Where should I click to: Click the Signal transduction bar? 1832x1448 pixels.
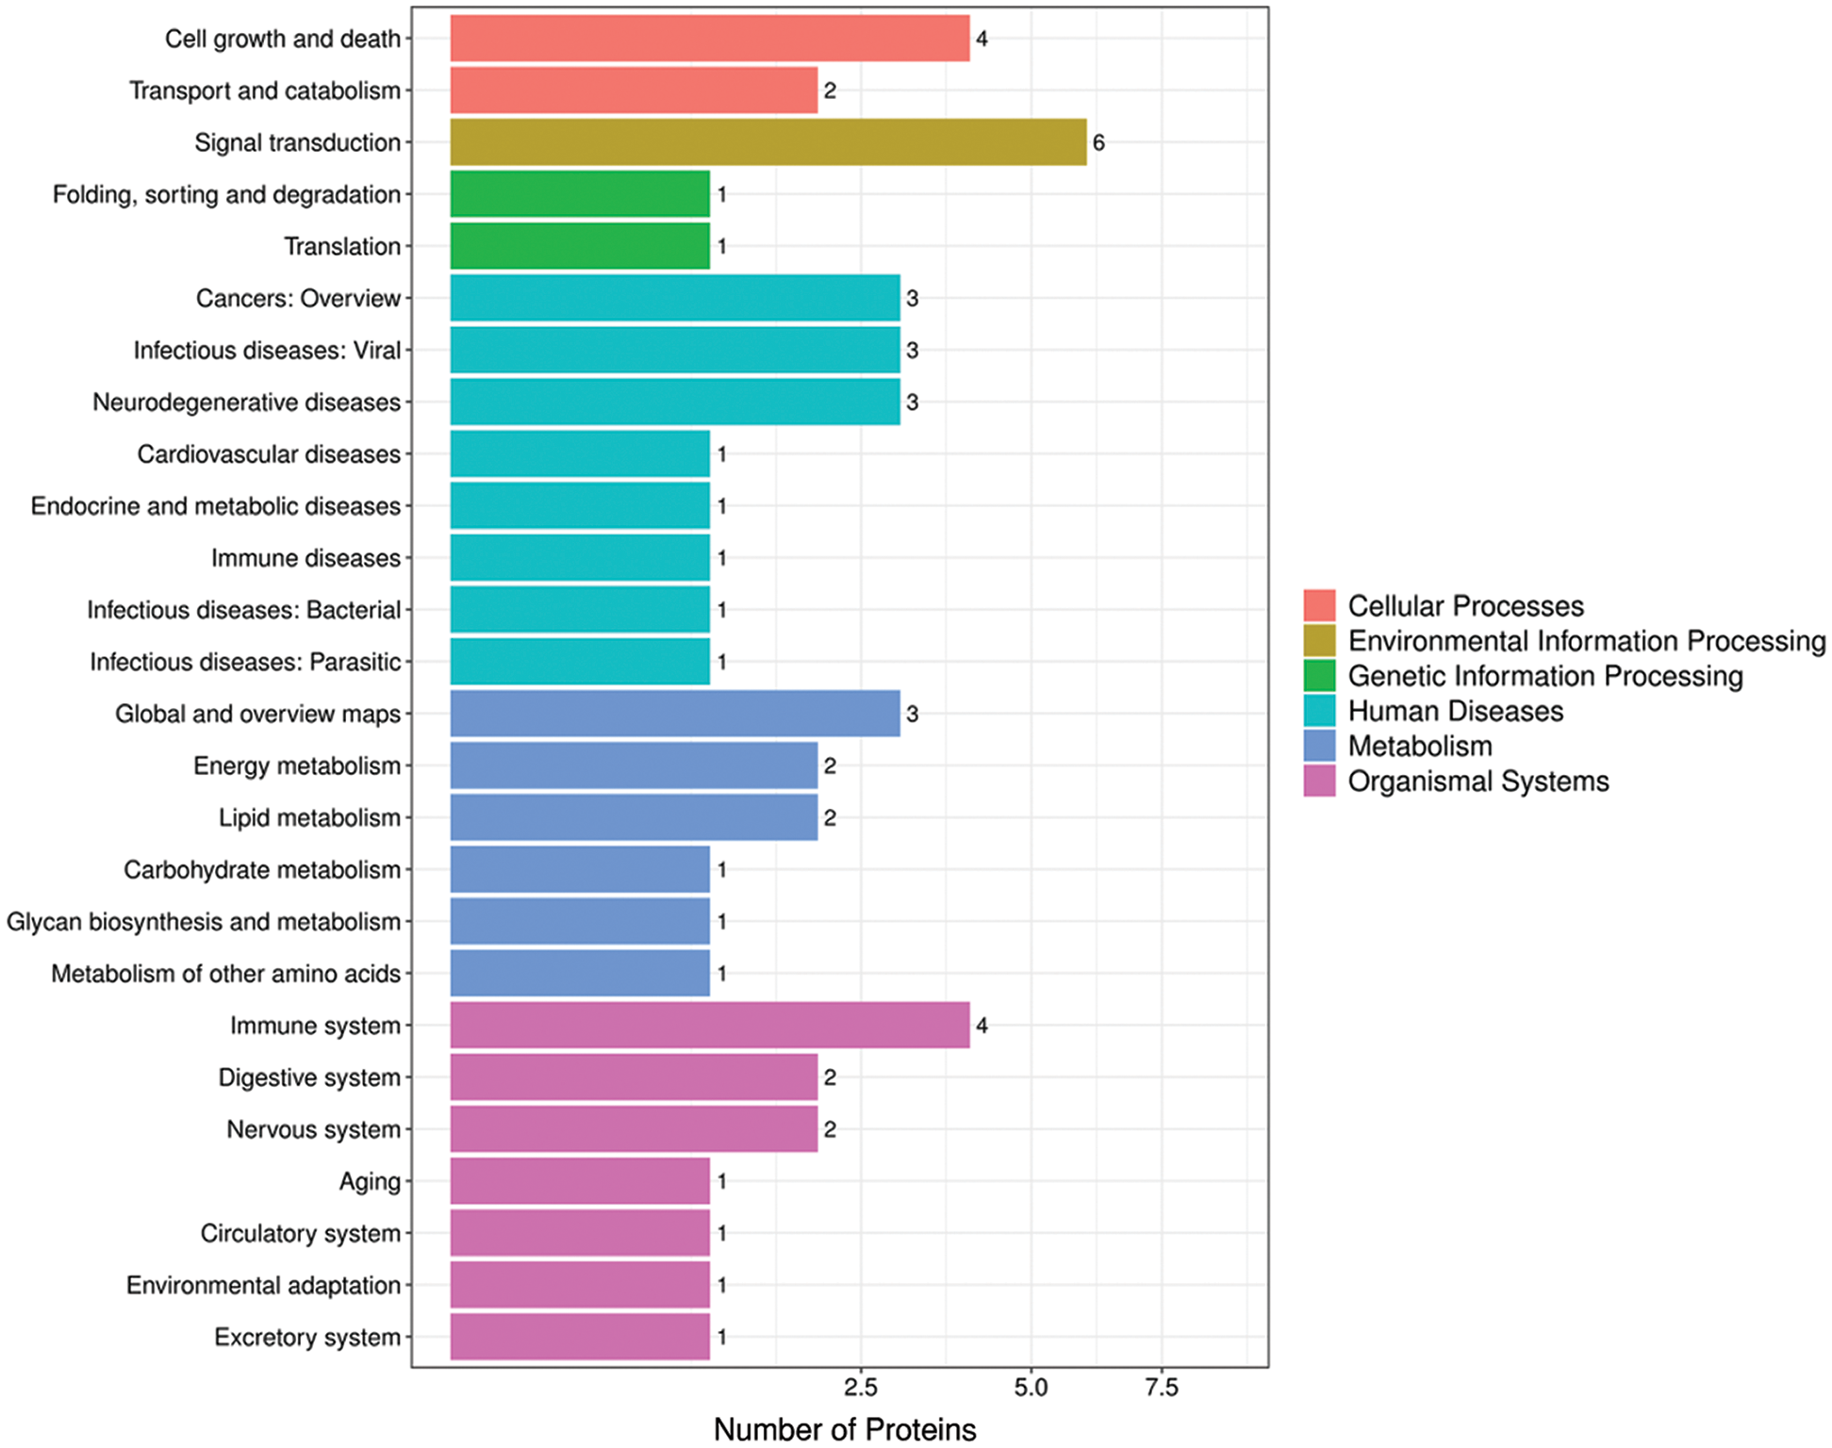(x=767, y=142)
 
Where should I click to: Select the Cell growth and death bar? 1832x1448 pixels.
(x=709, y=39)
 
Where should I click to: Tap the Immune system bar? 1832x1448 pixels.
(x=709, y=1025)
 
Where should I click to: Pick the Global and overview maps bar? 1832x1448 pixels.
(x=674, y=714)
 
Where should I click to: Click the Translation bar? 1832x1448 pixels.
(x=579, y=246)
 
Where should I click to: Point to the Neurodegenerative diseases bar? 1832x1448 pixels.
(x=674, y=402)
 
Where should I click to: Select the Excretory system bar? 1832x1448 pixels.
(x=579, y=1337)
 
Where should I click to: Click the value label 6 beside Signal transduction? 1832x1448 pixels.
(x=1098, y=143)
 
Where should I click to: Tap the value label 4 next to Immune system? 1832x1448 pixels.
(x=982, y=1026)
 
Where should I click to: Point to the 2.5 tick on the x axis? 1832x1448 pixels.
(x=860, y=1388)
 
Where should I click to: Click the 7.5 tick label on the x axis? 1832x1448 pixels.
(x=1162, y=1388)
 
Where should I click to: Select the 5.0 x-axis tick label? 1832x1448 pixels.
(x=1031, y=1388)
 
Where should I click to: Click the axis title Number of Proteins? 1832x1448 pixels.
(x=844, y=1429)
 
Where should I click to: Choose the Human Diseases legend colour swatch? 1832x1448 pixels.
(x=1319, y=711)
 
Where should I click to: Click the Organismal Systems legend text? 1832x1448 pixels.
(x=1477, y=782)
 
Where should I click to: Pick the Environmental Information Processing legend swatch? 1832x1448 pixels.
(x=1319, y=641)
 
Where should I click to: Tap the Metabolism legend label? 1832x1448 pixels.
(x=1419, y=747)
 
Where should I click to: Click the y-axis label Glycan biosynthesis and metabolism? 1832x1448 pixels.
(x=204, y=921)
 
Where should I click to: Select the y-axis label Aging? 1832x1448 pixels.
(x=370, y=1181)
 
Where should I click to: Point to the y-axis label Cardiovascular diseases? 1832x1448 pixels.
(x=269, y=454)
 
